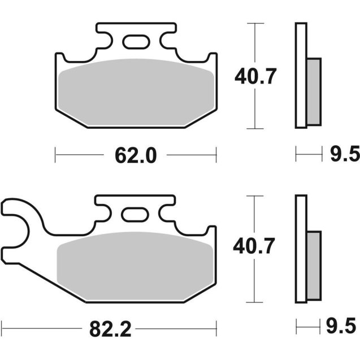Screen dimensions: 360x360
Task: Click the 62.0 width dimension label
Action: (x=135, y=155)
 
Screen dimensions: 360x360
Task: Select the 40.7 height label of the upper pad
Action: (x=256, y=76)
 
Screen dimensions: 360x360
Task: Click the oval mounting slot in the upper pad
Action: (x=136, y=42)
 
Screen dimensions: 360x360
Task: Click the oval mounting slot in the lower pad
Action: (x=135, y=214)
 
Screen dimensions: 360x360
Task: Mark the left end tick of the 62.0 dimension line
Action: (x=55, y=154)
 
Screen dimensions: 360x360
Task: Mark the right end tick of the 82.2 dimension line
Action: (x=216, y=327)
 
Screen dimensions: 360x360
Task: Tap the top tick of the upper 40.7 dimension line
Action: (x=256, y=24)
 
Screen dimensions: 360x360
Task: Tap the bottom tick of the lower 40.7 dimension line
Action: (x=256, y=301)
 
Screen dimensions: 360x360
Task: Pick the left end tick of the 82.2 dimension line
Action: (x=2, y=327)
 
